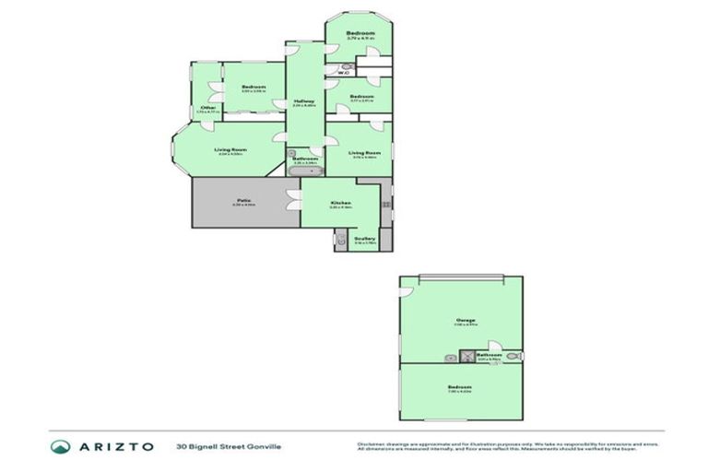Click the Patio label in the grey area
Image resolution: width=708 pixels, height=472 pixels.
pos(244,200)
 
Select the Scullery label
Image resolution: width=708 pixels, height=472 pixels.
pos(363,238)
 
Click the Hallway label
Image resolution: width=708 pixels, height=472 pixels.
pos(304,100)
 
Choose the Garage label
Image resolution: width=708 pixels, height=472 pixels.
pos(465,320)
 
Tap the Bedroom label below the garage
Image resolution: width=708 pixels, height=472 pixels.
pos(459,386)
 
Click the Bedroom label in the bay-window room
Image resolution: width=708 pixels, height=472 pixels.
pos(359,33)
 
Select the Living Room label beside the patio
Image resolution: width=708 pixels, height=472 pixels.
pos(230,149)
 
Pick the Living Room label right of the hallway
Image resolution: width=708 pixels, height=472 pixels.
pos(366,153)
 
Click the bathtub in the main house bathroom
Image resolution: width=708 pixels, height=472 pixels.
pos(304,171)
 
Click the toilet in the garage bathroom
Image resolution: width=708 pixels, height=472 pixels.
pos(513,355)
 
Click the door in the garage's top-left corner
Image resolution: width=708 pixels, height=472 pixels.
pos(406,291)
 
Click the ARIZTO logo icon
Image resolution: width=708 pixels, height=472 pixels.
pos(61,446)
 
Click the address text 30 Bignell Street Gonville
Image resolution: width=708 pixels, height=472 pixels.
pos(229,447)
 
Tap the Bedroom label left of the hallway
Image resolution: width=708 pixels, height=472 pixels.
pos(253,87)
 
